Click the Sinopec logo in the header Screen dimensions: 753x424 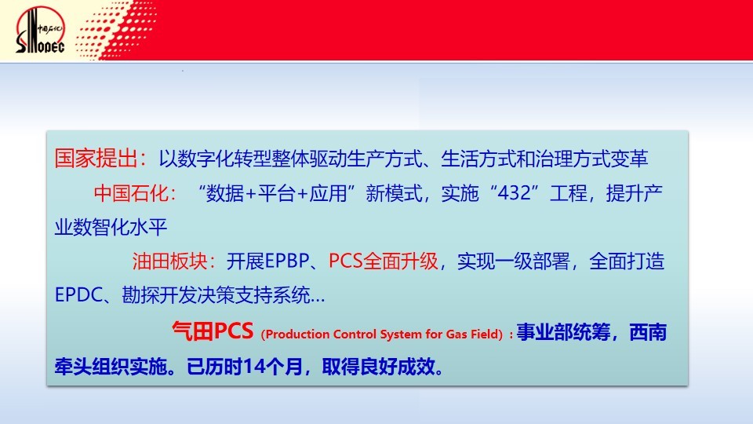click(40, 30)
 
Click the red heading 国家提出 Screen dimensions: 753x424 click(96, 158)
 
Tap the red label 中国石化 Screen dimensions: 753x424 click(131, 193)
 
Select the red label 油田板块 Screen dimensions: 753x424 click(170, 261)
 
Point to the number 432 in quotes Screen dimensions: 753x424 click(515, 193)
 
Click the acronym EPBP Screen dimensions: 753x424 click(287, 261)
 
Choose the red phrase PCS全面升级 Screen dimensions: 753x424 click(384, 261)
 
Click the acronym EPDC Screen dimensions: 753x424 click(78, 294)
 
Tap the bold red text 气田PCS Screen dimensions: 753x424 click(213, 331)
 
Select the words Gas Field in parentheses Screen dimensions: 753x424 click(472, 334)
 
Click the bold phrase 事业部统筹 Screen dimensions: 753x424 click(563, 332)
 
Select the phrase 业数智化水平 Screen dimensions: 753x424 click(111, 227)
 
